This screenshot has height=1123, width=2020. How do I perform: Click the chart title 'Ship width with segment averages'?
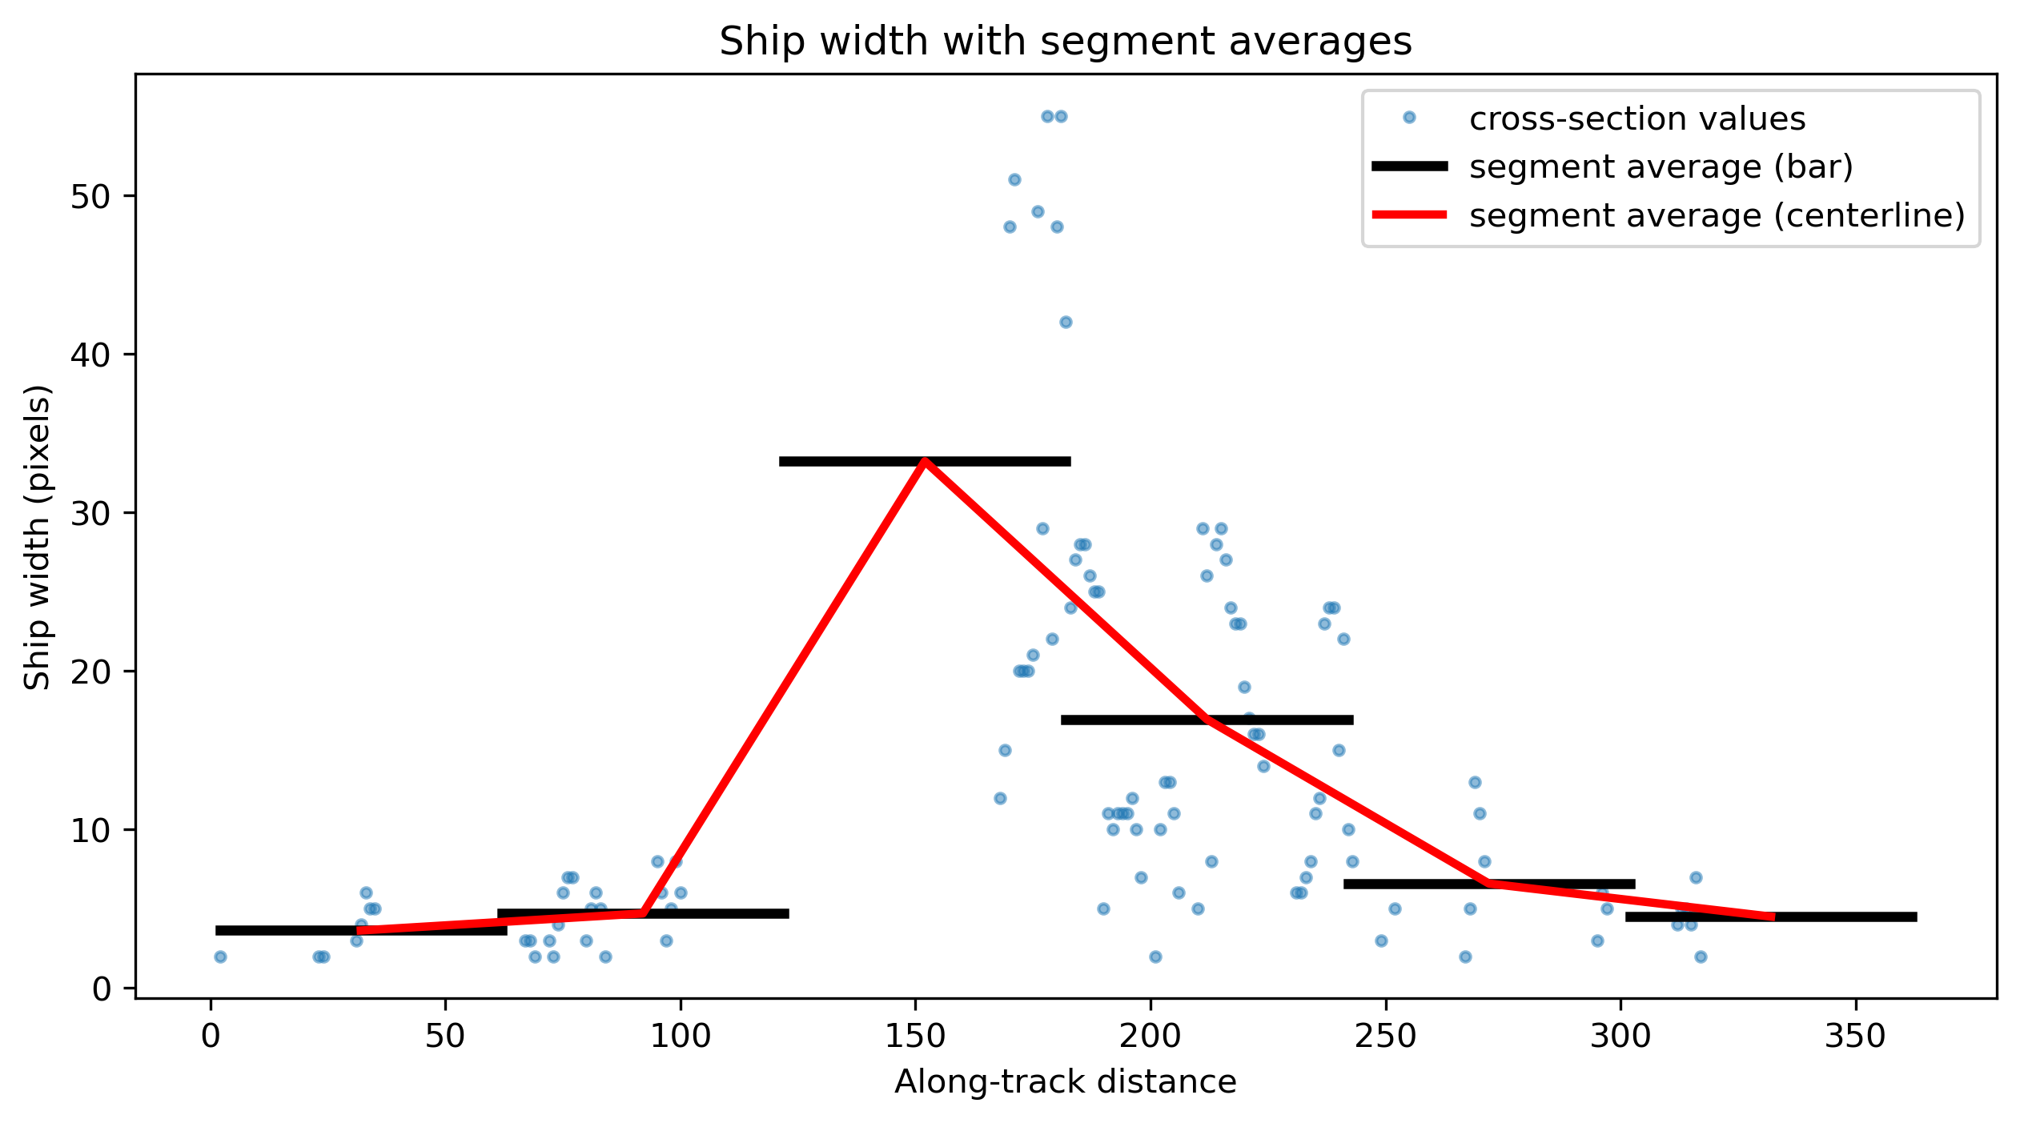1065,42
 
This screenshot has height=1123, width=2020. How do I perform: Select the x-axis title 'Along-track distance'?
1065,1082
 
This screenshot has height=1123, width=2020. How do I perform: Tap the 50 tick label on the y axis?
91,196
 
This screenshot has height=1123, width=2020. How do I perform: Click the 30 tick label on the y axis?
91,513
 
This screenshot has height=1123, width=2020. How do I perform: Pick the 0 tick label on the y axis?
102,989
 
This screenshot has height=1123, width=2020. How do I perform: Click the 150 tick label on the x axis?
916,1037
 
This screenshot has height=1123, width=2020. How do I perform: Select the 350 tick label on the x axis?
1856,1037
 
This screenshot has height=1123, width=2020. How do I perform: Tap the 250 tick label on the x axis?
1386,1037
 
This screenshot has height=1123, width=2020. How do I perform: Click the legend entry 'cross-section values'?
1637,118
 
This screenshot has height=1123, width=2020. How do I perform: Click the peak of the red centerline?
925,461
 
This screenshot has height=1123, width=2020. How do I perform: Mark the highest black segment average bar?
925,461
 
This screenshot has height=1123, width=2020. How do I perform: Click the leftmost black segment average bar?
361,930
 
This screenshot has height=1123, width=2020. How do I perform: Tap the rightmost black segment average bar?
1771,916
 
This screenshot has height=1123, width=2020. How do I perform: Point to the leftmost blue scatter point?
220,957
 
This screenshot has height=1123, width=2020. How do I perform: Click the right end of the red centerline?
1774,916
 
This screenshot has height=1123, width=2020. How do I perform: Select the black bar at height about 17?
1207,720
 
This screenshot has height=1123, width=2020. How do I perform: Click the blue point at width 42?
1066,322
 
